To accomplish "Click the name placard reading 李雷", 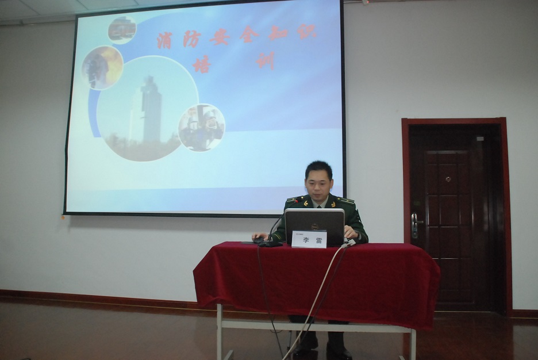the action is point(309,239).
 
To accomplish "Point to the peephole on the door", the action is point(448,179).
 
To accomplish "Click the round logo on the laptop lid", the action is point(314,227).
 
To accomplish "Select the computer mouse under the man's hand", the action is point(258,240).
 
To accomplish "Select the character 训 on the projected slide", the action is point(266,60).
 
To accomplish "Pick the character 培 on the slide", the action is point(202,64).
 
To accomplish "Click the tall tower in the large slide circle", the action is point(151,109).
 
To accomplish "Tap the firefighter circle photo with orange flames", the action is point(102,67).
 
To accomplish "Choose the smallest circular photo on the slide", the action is point(122,29).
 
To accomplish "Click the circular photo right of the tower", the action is point(202,127).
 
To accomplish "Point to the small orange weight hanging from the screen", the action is point(63,217).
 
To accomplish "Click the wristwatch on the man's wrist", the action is point(358,236).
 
